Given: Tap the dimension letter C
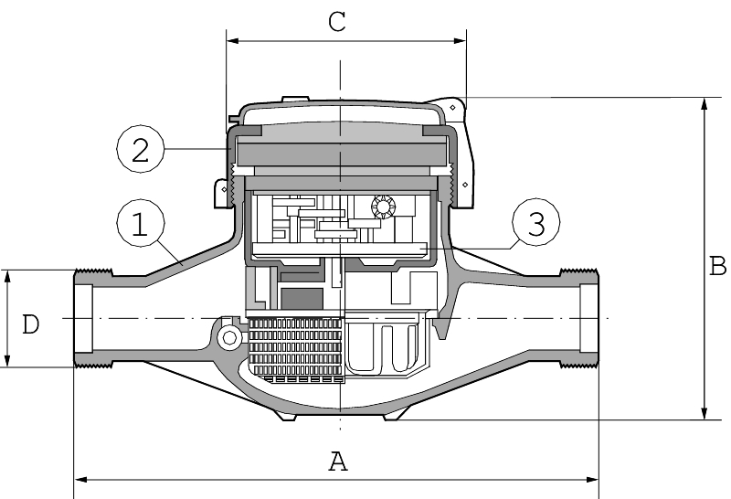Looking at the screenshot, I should (337, 23).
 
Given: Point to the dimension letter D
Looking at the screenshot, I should (31, 324).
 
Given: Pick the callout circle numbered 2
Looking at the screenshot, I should (140, 149).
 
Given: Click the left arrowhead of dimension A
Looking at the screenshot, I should (79, 477).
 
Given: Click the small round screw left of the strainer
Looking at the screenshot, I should (228, 339).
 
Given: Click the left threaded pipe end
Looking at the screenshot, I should (90, 318).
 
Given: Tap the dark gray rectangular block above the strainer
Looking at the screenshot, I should (301, 299).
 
